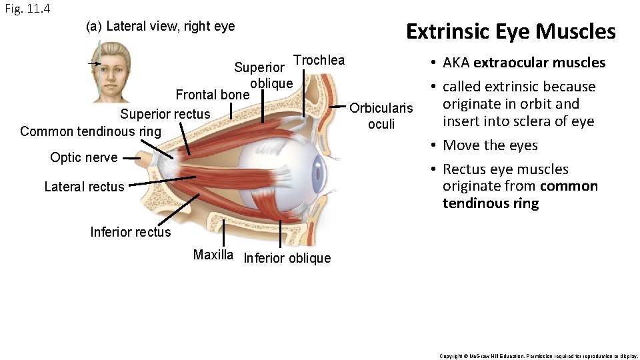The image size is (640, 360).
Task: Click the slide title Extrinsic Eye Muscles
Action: point(511,31)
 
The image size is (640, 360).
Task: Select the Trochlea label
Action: point(319,60)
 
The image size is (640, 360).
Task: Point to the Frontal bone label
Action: point(211,95)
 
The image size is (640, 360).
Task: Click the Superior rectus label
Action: point(165,114)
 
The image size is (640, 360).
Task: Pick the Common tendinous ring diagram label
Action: point(91,131)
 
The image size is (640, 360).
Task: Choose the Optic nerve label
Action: point(83,157)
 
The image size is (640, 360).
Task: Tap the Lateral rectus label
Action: point(84,187)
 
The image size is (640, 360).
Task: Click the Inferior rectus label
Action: point(131,232)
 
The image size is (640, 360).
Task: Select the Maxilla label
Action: point(213,255)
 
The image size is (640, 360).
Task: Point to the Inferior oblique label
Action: point(287,258)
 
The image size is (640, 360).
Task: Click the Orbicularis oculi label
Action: point(381,116)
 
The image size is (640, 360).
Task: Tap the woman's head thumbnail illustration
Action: point(111,72)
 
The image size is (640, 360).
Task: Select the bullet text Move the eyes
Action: point(490,145)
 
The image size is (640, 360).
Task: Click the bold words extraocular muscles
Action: point(539,63)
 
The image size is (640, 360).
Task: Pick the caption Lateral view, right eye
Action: point(161,27)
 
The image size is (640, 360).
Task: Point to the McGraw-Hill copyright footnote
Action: point(539,356)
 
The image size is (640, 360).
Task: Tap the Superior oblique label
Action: point(263,75)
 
